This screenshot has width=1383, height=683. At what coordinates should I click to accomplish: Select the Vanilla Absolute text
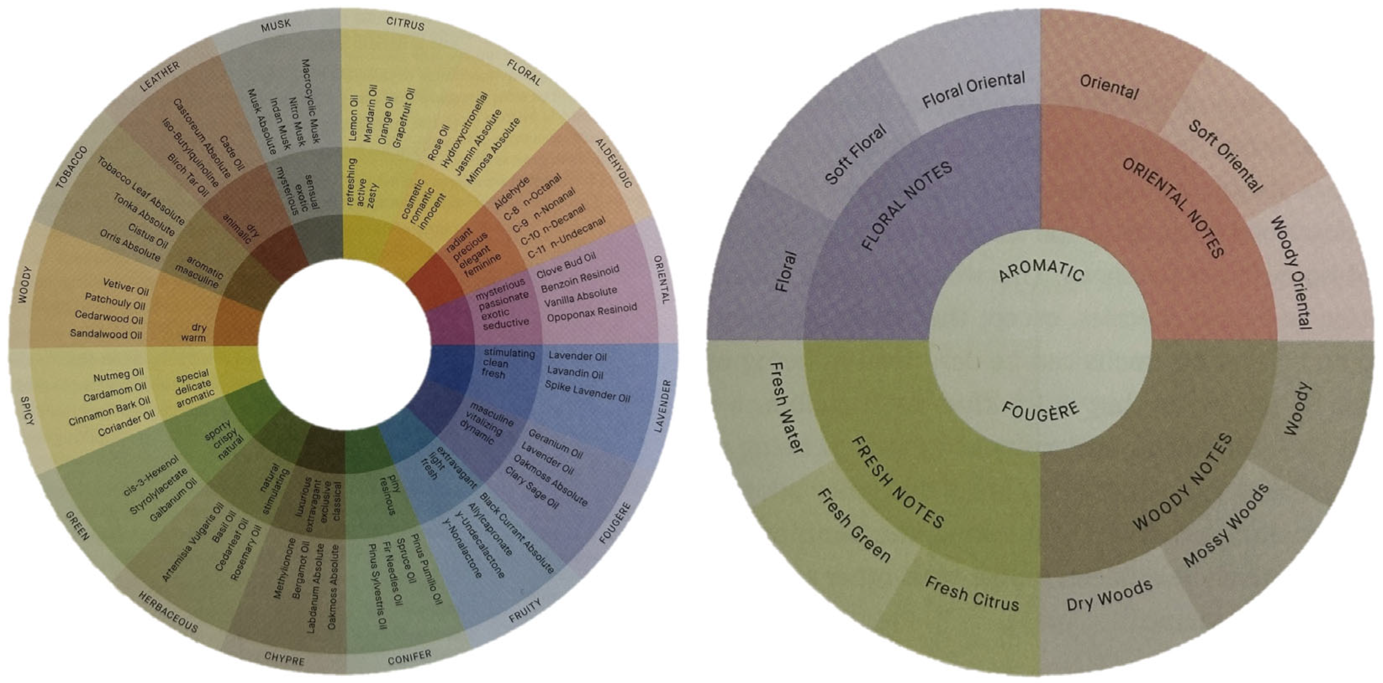[581, 297]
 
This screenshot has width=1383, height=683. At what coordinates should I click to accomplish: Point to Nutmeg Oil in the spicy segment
[119, 375]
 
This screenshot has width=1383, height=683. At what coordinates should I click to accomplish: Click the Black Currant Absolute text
[516, 533]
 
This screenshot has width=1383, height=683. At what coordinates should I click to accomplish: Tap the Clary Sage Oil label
[532, 487]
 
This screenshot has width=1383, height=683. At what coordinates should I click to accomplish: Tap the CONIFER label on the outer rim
[409, 657]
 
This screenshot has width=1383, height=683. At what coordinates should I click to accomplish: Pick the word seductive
[506, 323]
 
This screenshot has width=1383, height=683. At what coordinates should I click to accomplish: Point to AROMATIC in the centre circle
[1041, 271]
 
